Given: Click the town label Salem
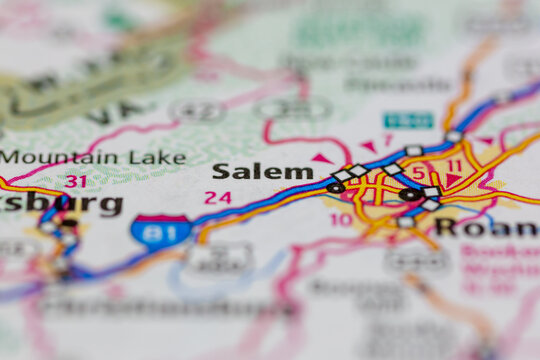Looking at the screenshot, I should click(262, 172).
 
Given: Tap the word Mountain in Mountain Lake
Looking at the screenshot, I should click(48, 157).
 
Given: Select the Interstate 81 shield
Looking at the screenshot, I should click(161, 231).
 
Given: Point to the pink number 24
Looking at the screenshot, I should click(217, 198).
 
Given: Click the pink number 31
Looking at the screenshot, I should click(75, 181).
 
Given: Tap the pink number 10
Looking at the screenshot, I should click(341, 219).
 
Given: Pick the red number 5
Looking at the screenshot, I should click(418, 173).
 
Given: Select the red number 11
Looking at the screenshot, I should click(454, 166).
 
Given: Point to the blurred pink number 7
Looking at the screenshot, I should click(389, 139).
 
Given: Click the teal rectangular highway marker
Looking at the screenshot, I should click(409, 120).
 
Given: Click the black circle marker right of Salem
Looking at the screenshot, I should click(335, 187).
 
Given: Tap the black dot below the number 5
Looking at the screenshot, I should click(409, 194).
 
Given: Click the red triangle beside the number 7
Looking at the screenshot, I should click(369, 146).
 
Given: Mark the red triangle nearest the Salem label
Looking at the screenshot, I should click(321, 158).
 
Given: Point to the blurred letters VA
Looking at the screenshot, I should click(105, 113).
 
